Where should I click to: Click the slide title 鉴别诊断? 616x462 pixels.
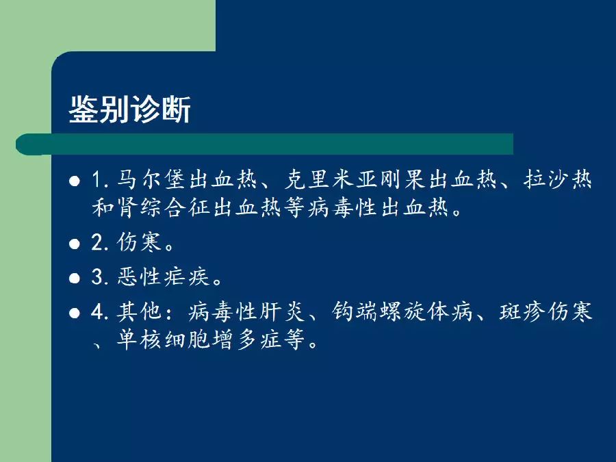[x=130, y=110]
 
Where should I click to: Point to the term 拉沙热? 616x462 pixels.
[x=557, y=180]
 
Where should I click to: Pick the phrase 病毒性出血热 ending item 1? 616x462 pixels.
[x=378, y=207]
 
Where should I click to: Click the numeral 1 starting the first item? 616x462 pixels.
[x=97, y=180]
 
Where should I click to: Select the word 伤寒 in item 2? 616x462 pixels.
[x=140, y=242]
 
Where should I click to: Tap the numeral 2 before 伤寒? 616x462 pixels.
[x=97, y=242]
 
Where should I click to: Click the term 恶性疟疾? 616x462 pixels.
[x=163, y=277]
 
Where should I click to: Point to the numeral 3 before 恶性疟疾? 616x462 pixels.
[x=97, y=277]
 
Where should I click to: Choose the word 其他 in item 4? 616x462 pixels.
[x=140, y=311]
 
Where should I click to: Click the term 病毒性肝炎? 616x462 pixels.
[x=246, y=311]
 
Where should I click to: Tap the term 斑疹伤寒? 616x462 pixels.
[x=546, y=311]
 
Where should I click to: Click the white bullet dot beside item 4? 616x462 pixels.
[x=74, y=313]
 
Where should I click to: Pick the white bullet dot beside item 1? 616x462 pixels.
[x=74, y=181]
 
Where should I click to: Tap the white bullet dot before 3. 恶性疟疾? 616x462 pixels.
[x=74, y=279]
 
